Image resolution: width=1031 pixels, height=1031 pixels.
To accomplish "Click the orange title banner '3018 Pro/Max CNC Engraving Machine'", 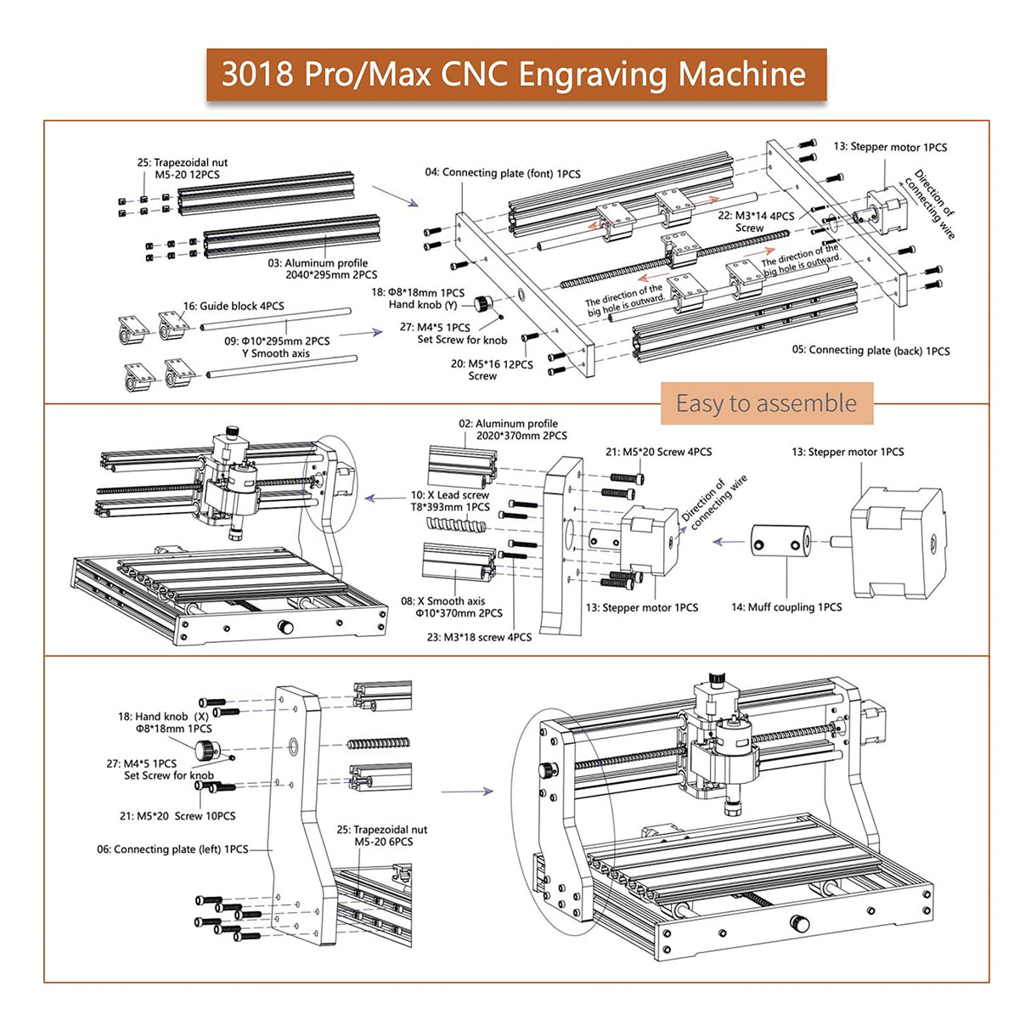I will point(515,75).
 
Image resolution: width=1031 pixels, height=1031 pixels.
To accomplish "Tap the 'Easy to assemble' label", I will point(766,403).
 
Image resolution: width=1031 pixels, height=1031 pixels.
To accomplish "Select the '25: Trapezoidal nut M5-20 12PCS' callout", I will point(183,168).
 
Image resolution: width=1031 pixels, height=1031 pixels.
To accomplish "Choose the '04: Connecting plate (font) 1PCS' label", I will point(503,173).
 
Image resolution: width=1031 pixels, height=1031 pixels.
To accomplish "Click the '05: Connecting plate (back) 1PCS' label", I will point(870,350).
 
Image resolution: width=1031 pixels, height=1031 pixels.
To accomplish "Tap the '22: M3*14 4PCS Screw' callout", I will point(755,222).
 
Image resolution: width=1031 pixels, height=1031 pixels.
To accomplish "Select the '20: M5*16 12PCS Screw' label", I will point(491,369).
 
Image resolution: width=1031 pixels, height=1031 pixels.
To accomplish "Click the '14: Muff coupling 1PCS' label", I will point(786,607).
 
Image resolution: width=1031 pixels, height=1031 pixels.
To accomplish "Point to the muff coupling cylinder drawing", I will point(780,541).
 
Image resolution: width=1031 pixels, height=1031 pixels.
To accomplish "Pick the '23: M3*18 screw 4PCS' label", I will point(479,637).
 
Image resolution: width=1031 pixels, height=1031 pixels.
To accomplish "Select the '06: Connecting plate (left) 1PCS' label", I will point(172,849).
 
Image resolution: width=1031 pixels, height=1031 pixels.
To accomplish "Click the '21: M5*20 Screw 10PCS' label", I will point(177,816).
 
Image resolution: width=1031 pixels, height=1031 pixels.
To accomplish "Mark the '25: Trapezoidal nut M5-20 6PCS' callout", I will point(382,836).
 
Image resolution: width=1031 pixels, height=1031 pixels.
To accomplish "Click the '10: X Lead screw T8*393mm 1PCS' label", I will point(450,501).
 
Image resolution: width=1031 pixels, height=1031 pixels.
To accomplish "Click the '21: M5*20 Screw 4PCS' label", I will point(658,452).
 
